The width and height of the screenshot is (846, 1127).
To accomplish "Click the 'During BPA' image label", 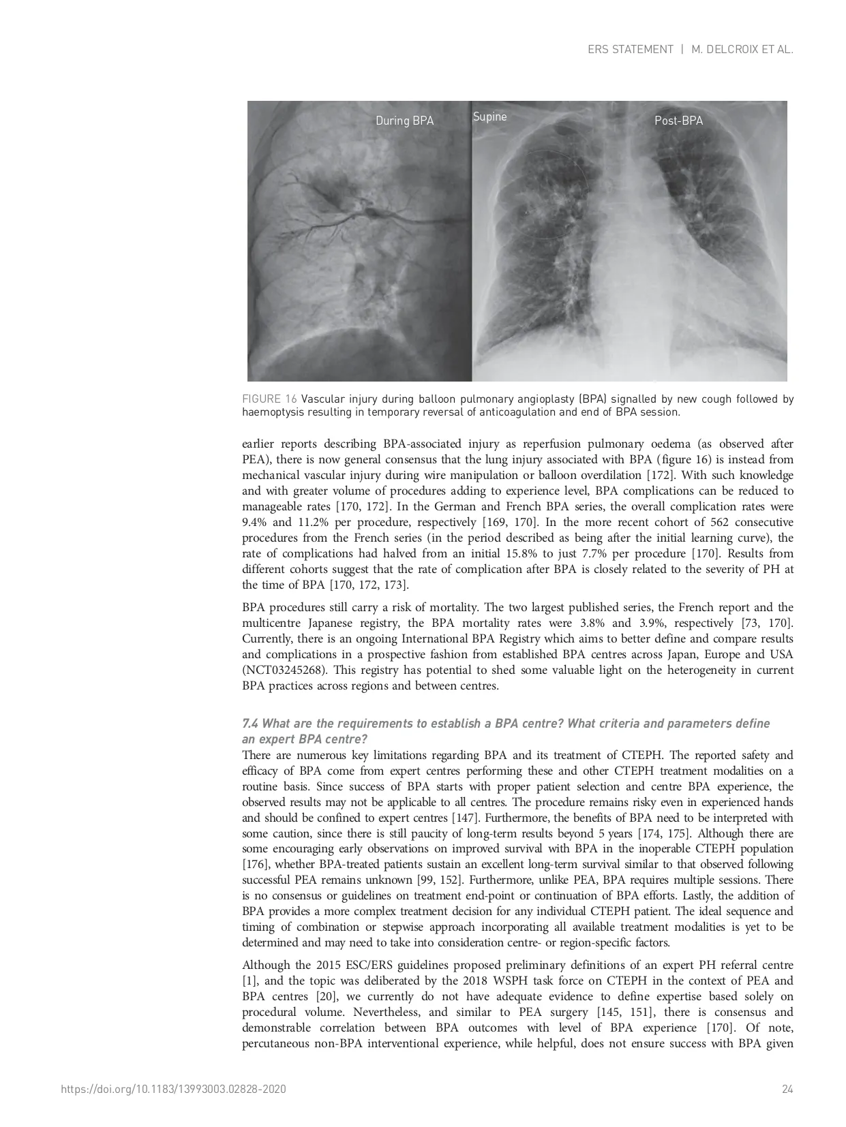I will [x=404, y=121].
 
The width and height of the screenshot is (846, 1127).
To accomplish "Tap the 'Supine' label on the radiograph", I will [x=489, y=117].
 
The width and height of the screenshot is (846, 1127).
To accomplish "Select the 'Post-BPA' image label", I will [x=678, y=121].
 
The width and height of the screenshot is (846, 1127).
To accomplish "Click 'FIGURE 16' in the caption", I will [x=269, y=399].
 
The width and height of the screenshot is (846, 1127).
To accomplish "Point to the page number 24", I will [x=787, y=1090].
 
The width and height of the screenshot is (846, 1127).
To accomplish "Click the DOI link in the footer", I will [x=173, y=1090].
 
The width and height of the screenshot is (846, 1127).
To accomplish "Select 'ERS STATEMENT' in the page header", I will [x=630, y=49].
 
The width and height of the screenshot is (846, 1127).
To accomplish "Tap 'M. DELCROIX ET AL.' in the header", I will [x=742, y=49].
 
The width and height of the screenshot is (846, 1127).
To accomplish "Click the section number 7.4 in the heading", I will [x=250, y=724].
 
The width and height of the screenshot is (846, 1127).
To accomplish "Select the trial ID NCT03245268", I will [x=281, y=670].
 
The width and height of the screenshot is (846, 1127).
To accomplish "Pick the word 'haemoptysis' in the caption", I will [x=271, y=412].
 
